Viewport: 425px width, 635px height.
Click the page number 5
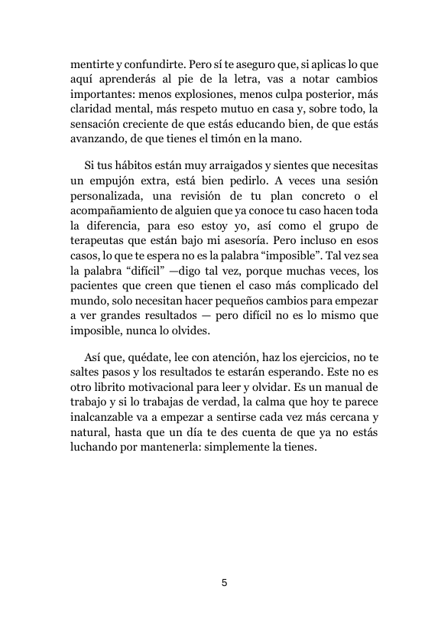pos(224,583)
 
